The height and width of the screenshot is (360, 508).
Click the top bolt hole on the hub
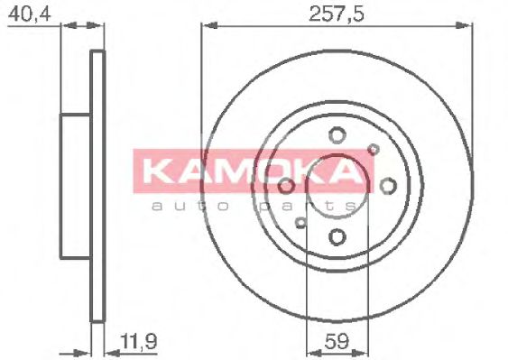(x=337, y=135)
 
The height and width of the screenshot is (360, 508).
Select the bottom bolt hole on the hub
(x=337, y=237)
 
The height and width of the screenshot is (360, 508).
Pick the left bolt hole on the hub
(x=287, y=186)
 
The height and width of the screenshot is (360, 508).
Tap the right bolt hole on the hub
(x=389, y=186)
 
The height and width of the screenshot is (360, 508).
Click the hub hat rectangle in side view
(x=76, y=185)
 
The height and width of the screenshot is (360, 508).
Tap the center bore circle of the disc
(x=337, y=187)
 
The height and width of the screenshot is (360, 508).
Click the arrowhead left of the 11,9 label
(x=111, y=349)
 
